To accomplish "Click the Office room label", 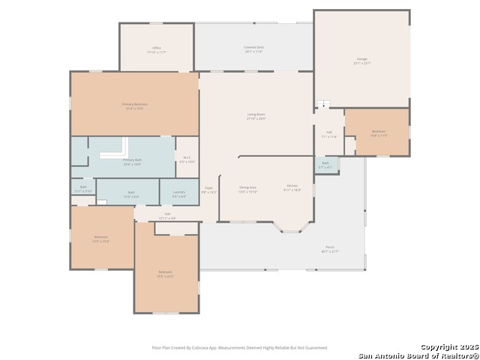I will coord(157,49).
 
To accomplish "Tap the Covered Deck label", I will coord(253,49).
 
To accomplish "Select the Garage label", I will coord(362,60).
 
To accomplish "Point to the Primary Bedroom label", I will coord(134,106).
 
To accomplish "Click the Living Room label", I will coord(256,116).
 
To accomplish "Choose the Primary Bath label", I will coord(132,161).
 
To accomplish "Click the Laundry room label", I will coord(178,194).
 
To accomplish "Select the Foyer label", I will coord(209,189).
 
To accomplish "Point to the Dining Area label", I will coord(247,189).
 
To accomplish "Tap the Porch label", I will coord(330,249).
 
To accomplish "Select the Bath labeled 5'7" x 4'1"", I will coord(325,164).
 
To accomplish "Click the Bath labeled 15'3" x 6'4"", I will coord(130,194).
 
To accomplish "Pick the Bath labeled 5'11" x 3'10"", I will coord(83,188).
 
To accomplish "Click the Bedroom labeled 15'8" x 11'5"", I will coord(378,133).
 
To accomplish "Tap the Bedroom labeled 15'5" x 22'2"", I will coord(165,274).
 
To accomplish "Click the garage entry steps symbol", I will coord(323,105).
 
